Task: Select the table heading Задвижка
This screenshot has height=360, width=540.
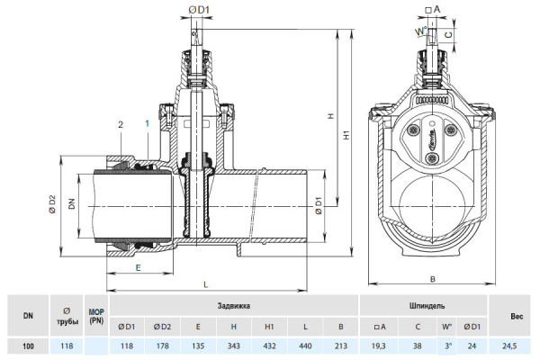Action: coord(234,306)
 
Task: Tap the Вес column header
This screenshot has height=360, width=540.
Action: coord(516,316)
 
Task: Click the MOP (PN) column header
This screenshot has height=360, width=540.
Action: coord(96,316)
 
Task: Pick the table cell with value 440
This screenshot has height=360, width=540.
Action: coord(308,346)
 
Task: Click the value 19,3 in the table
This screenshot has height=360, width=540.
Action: coord(379,346)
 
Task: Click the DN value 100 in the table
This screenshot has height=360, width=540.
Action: coord(28,346)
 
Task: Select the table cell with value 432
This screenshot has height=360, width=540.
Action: coord(270,346)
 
